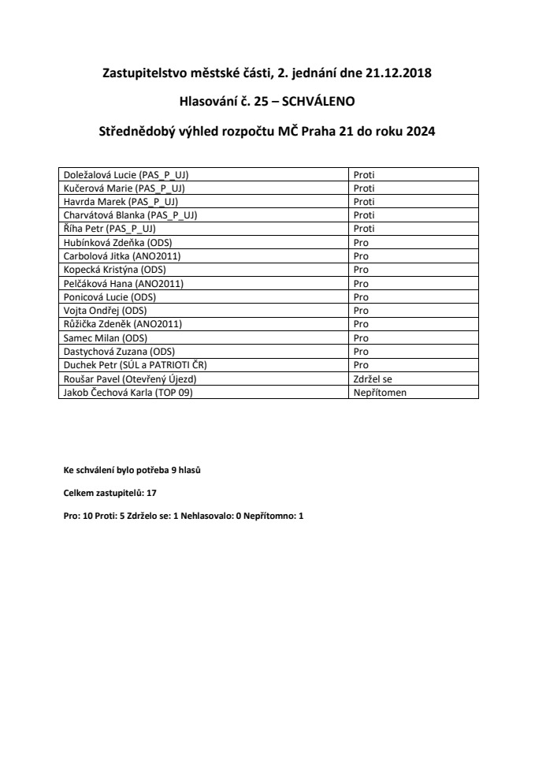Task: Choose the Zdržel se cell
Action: click(x=372, y=378)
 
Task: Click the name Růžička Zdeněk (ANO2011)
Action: click(x=117, y=324)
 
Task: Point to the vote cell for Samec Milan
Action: click(x=361, y=337)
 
